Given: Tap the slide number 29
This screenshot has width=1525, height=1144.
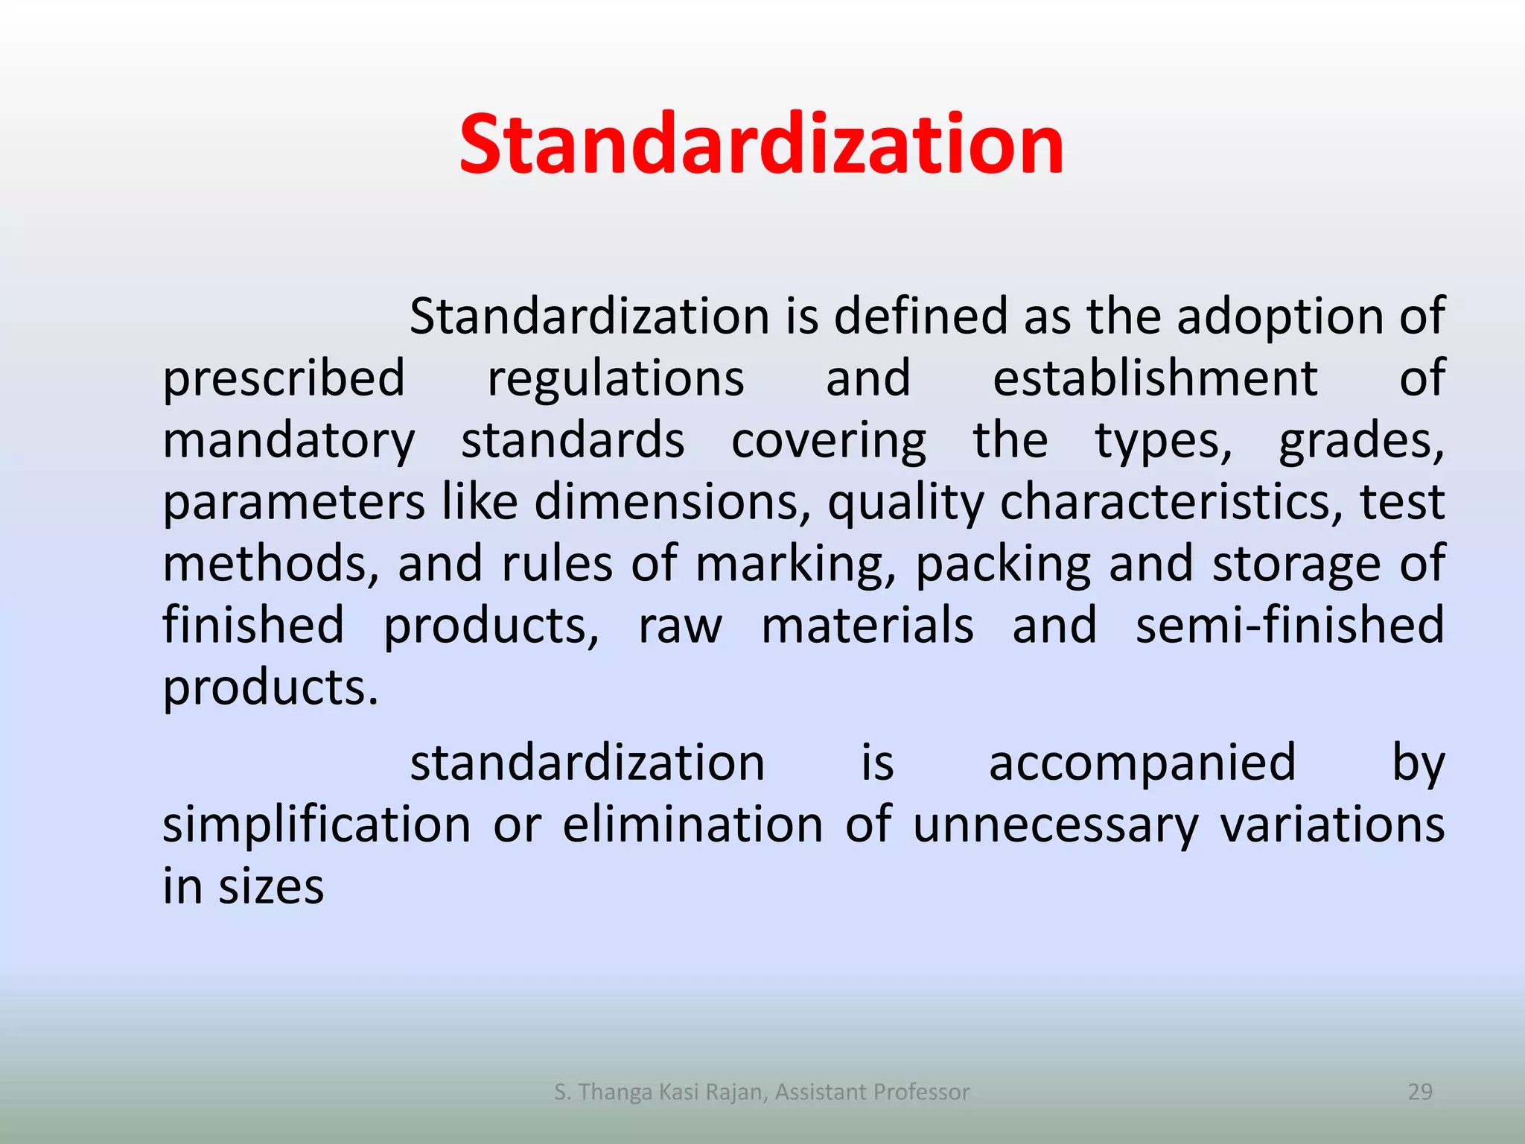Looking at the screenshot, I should pyautogui.click(x=1420, y=1092).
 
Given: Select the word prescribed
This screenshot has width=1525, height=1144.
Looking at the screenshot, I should pyautogui.click(x=284, y=378).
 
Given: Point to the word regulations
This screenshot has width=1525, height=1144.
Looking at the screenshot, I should pyautogui.click(x=615, y=378).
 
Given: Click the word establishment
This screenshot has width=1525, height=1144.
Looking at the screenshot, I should pyautogui.click(x=1155, y=378).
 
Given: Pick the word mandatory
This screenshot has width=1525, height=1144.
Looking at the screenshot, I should pyautogui.click(x=289, y=441).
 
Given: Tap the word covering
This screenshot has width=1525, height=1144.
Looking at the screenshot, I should pyautogui.click(x=829, y=441).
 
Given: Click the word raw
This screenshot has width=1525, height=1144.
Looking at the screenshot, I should pyautogui.click(x=680, y=626).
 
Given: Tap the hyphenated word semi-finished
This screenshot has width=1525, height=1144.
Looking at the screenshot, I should pyautogui.click(x=1290, y=625).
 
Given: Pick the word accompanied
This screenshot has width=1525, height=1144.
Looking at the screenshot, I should pyautogui.click(x=1142, y=763).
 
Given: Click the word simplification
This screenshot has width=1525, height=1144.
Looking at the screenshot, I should pyautogui.click(x=316, y=825).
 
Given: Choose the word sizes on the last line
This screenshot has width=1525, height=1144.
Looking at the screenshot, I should pyautogui.click(x=271, y=887).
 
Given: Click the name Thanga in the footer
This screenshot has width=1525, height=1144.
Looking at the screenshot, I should pyautogui.click(x=616, y=1092).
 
